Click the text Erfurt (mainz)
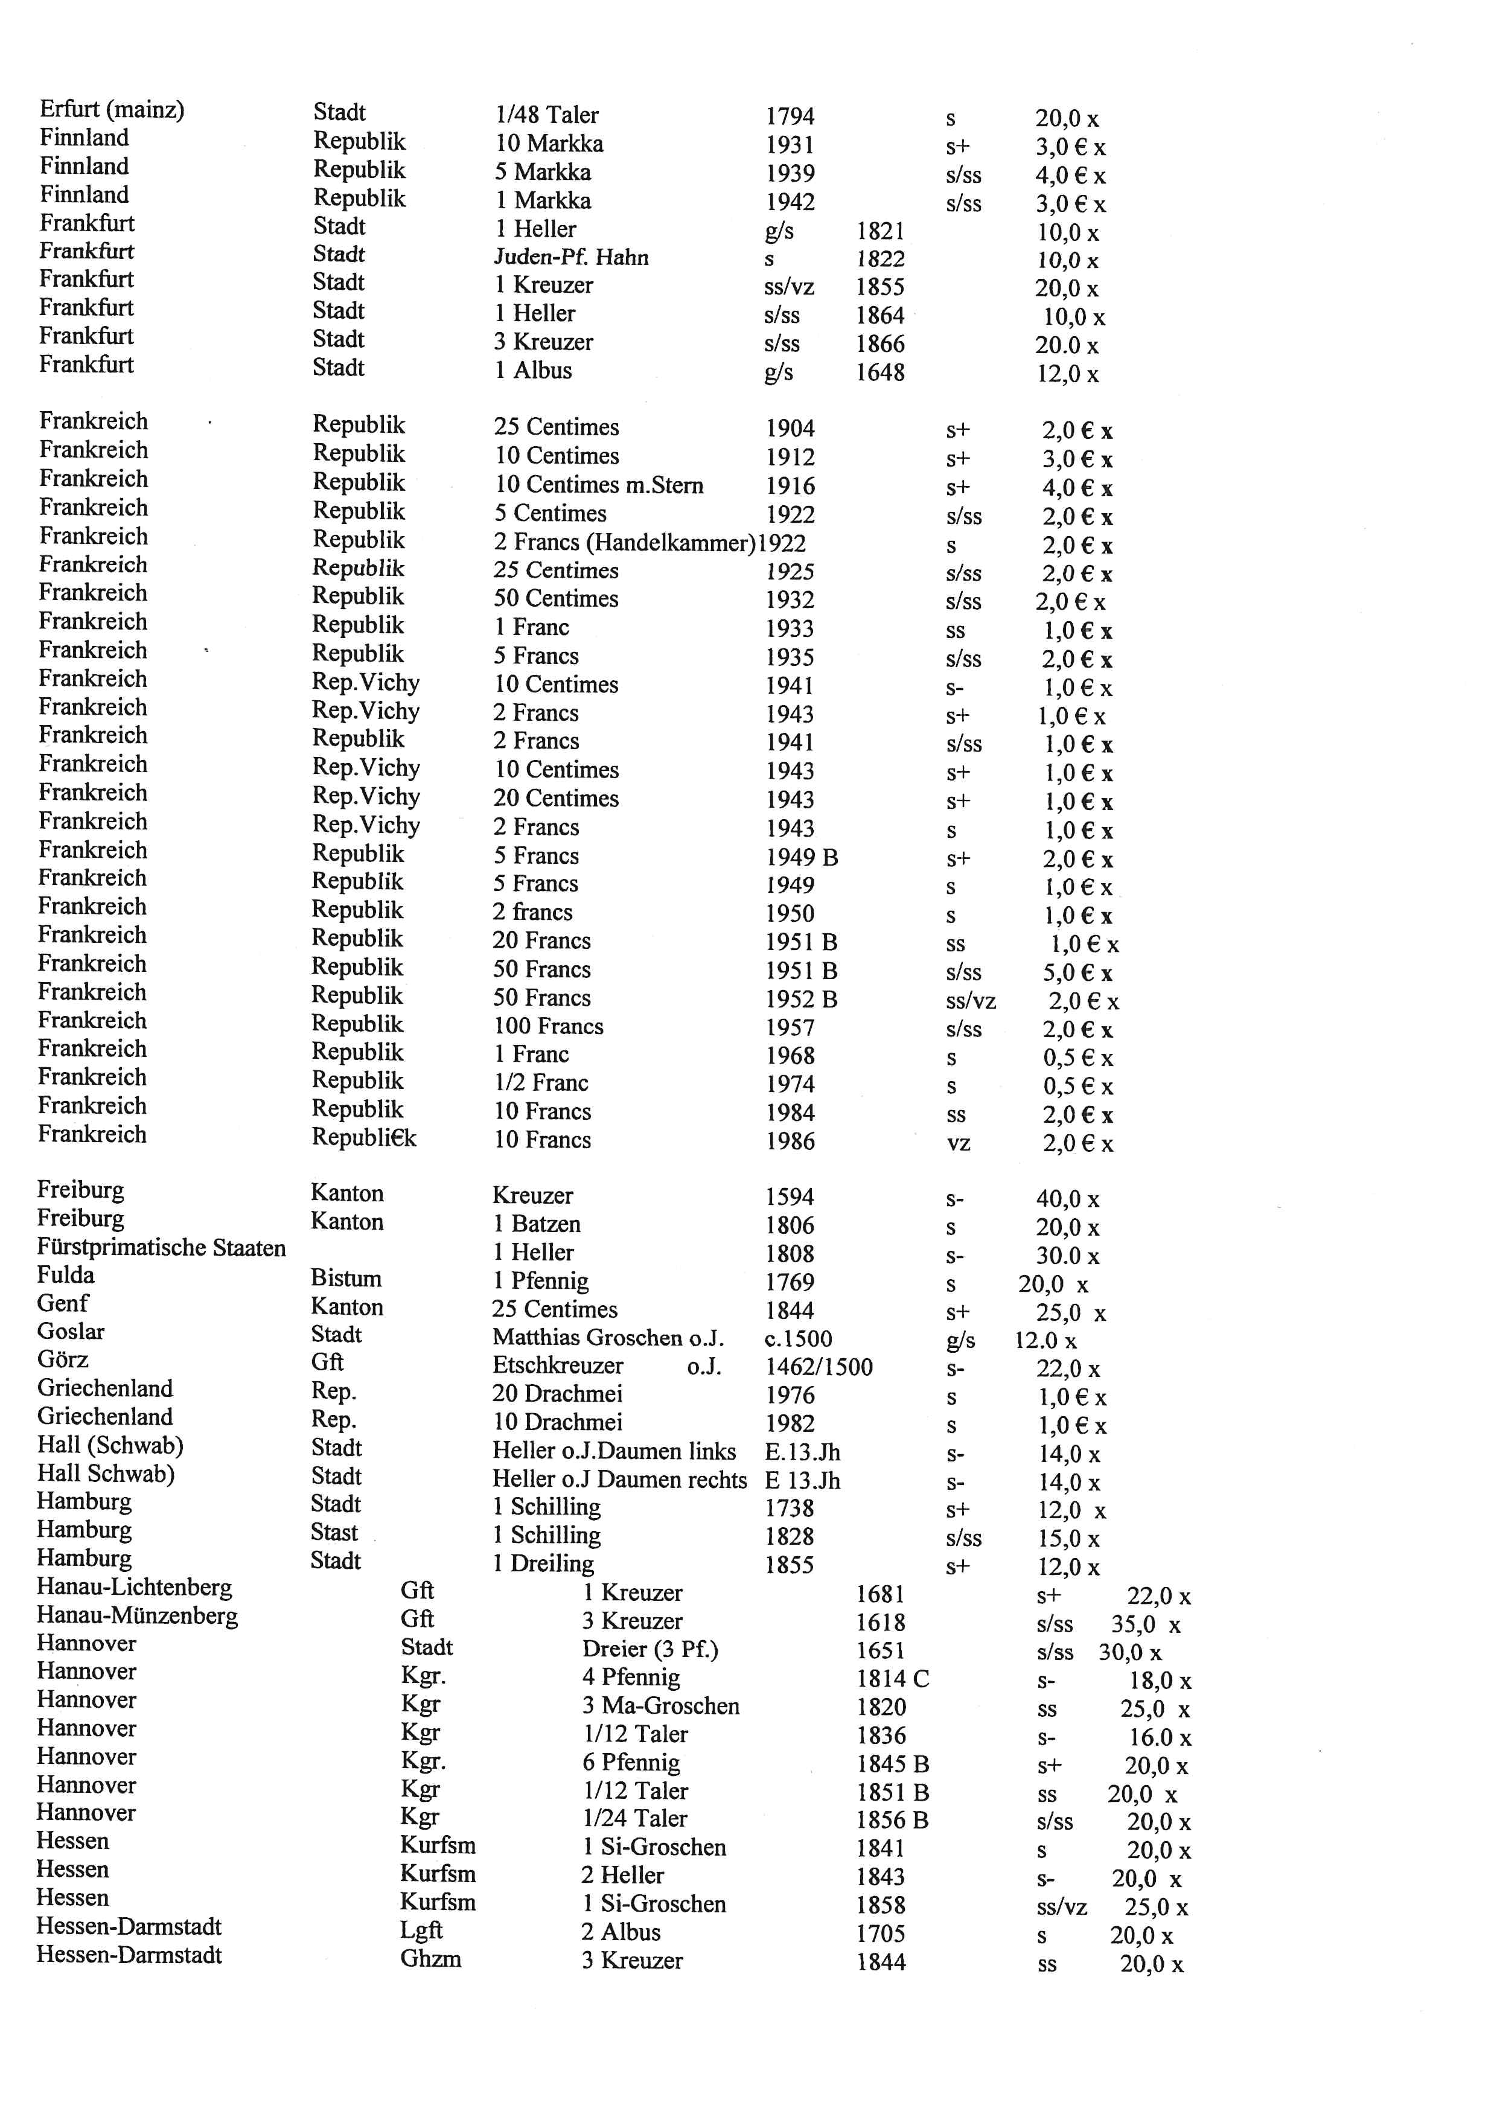(112, 110)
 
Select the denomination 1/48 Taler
(547, 115)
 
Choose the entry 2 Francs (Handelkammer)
(624, 543)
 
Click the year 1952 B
(801, 1000)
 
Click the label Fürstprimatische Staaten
(161, 1248)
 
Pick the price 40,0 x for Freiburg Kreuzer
(1067, 1199)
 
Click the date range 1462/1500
(819, 1367)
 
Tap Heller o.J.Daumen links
(613, 1452)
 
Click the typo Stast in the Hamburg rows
(334, 1533)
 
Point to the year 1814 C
(892, 1679)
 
